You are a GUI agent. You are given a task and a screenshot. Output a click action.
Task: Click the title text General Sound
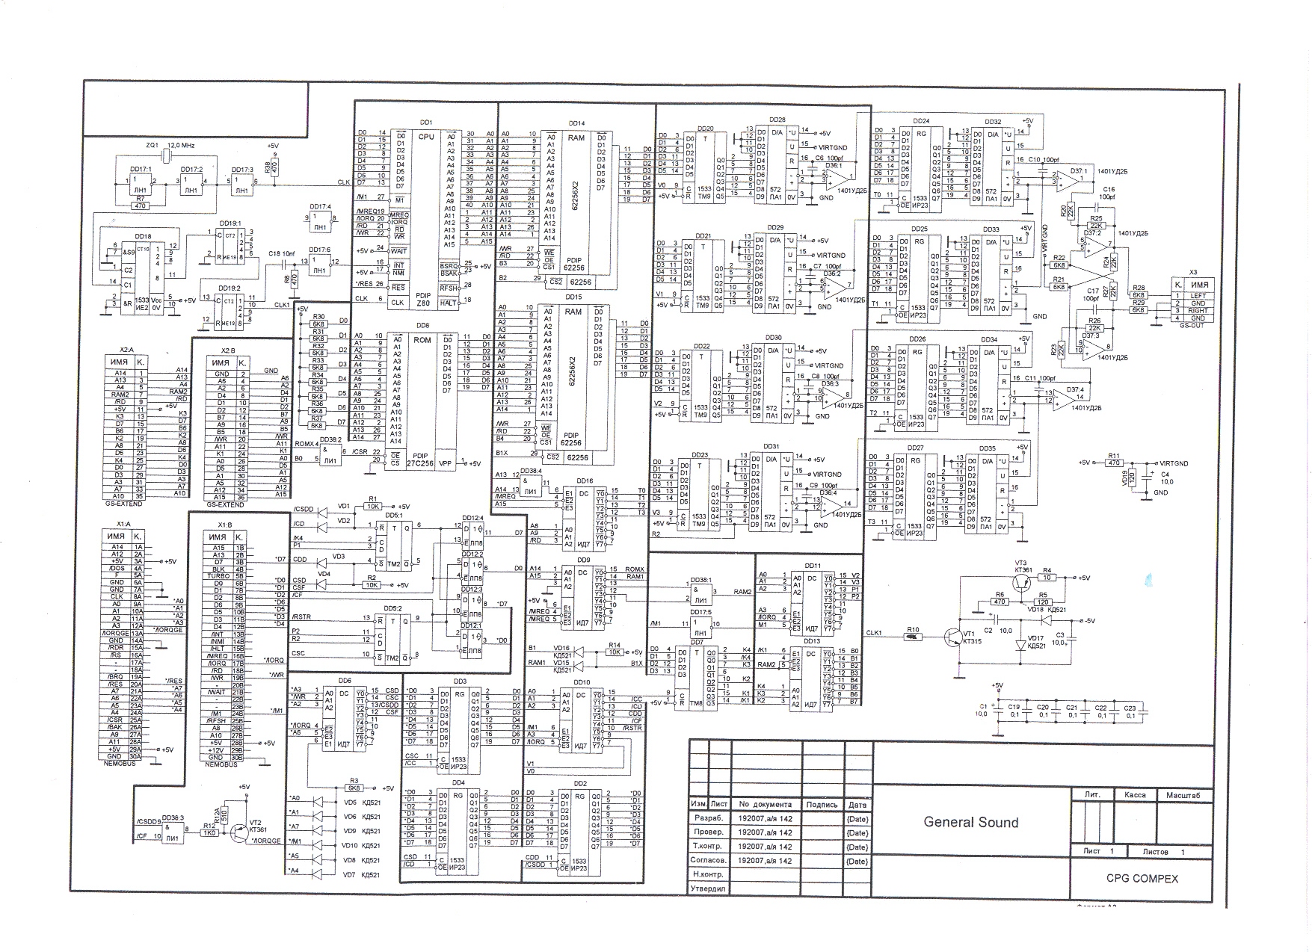(970, 822)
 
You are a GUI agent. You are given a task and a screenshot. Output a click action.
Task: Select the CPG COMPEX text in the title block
(1142, 878)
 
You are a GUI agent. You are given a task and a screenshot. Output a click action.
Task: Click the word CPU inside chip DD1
(425, 137)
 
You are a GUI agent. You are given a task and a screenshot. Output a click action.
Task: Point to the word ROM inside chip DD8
(422, 339)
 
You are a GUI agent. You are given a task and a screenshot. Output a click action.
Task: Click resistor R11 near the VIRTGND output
(1113, 463)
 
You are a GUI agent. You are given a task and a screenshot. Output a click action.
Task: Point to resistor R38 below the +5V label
(273, 169)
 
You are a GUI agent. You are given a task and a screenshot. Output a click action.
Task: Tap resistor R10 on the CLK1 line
(911, 637)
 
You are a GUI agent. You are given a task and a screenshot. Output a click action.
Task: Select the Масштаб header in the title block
(1183, 796)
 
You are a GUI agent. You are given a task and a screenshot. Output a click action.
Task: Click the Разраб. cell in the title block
(707, 819)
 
